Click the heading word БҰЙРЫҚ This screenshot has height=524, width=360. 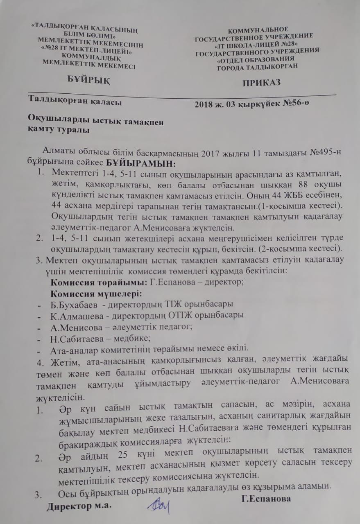click(x=88, y=79)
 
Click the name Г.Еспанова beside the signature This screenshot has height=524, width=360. click(x=266, y=498)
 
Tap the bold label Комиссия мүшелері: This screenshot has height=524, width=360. click(x=96, y=294)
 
